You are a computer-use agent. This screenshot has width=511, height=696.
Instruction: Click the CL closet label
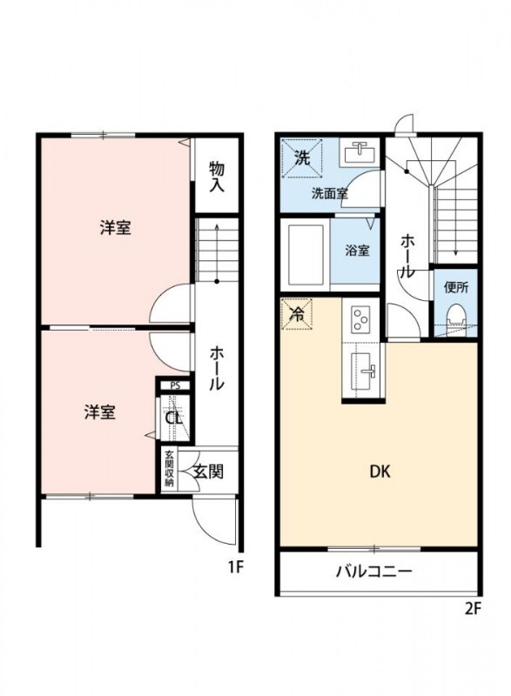pos(174,416)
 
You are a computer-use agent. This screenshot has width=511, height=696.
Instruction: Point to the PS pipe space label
pos(175,385)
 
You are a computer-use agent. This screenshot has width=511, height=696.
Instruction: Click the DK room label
pos(379,472)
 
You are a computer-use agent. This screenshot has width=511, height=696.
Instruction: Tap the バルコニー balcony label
pos(374,572)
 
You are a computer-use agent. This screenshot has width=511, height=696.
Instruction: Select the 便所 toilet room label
pos(455,286)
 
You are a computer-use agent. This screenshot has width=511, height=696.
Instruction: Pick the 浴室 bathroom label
pos(357,251)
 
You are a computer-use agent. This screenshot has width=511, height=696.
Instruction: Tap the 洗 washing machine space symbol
pos(301,158)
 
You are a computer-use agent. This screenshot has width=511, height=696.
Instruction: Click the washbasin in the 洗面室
pos(358,155)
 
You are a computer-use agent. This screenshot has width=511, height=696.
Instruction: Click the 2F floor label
pos(472,609)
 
